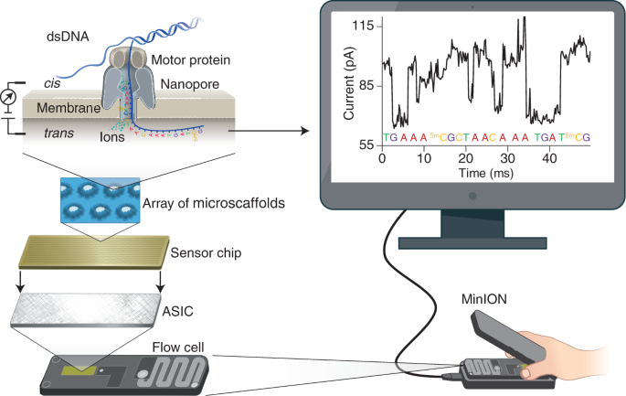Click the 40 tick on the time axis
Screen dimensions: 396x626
pos(549,157)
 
